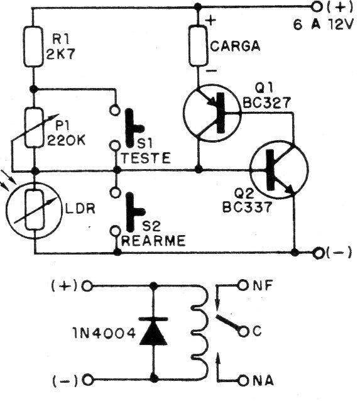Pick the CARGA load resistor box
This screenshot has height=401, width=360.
point(199,47)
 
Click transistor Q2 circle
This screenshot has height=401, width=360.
point(278,171)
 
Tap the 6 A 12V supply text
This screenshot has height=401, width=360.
point(325,25)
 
